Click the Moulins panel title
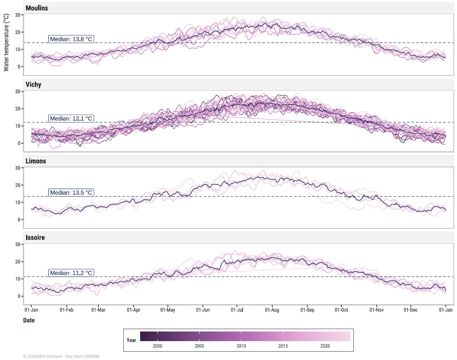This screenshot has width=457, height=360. (37, 8)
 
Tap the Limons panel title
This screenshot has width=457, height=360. (36, 161)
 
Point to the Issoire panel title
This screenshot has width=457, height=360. (35, 238)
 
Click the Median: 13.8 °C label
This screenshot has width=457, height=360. (71, 39)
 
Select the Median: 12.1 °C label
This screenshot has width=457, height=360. (71, 118)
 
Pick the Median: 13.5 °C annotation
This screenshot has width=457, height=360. (71, 193)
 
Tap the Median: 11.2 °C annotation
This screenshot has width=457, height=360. (71, 273)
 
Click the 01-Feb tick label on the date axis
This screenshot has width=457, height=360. (66, 310)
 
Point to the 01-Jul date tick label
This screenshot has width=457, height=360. (238, 310)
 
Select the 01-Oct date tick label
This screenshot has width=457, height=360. (342, 310)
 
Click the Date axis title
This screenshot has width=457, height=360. (29, 320)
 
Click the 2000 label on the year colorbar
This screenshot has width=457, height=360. (157, 346)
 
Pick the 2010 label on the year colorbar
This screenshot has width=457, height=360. (241, 346)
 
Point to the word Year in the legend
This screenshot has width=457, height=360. (131, 340)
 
